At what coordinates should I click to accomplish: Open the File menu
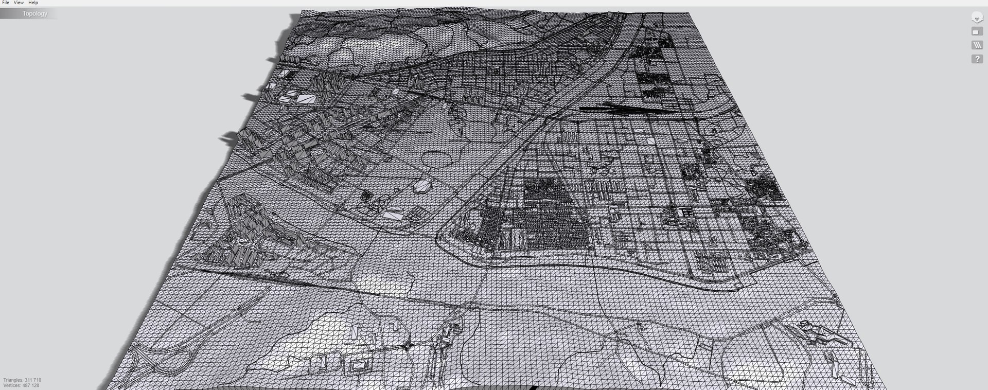coord(6,3)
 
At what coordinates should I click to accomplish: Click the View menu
coord(19,3)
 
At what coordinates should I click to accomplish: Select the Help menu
coord(33,3)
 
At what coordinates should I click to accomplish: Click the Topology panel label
coord(34,14)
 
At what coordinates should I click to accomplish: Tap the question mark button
coord(977,59)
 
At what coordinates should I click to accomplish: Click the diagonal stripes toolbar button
coord(977,45)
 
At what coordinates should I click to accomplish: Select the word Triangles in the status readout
coord(13,380)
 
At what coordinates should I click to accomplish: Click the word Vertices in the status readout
coord(12,385)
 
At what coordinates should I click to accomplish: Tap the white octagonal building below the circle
coord(423,186)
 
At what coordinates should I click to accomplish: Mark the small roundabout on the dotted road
coord(408,346)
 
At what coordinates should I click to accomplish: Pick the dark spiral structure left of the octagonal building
coord(366,196)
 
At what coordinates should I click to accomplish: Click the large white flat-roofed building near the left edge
coord(307,98)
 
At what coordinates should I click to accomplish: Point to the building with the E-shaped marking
coord(685,212)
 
